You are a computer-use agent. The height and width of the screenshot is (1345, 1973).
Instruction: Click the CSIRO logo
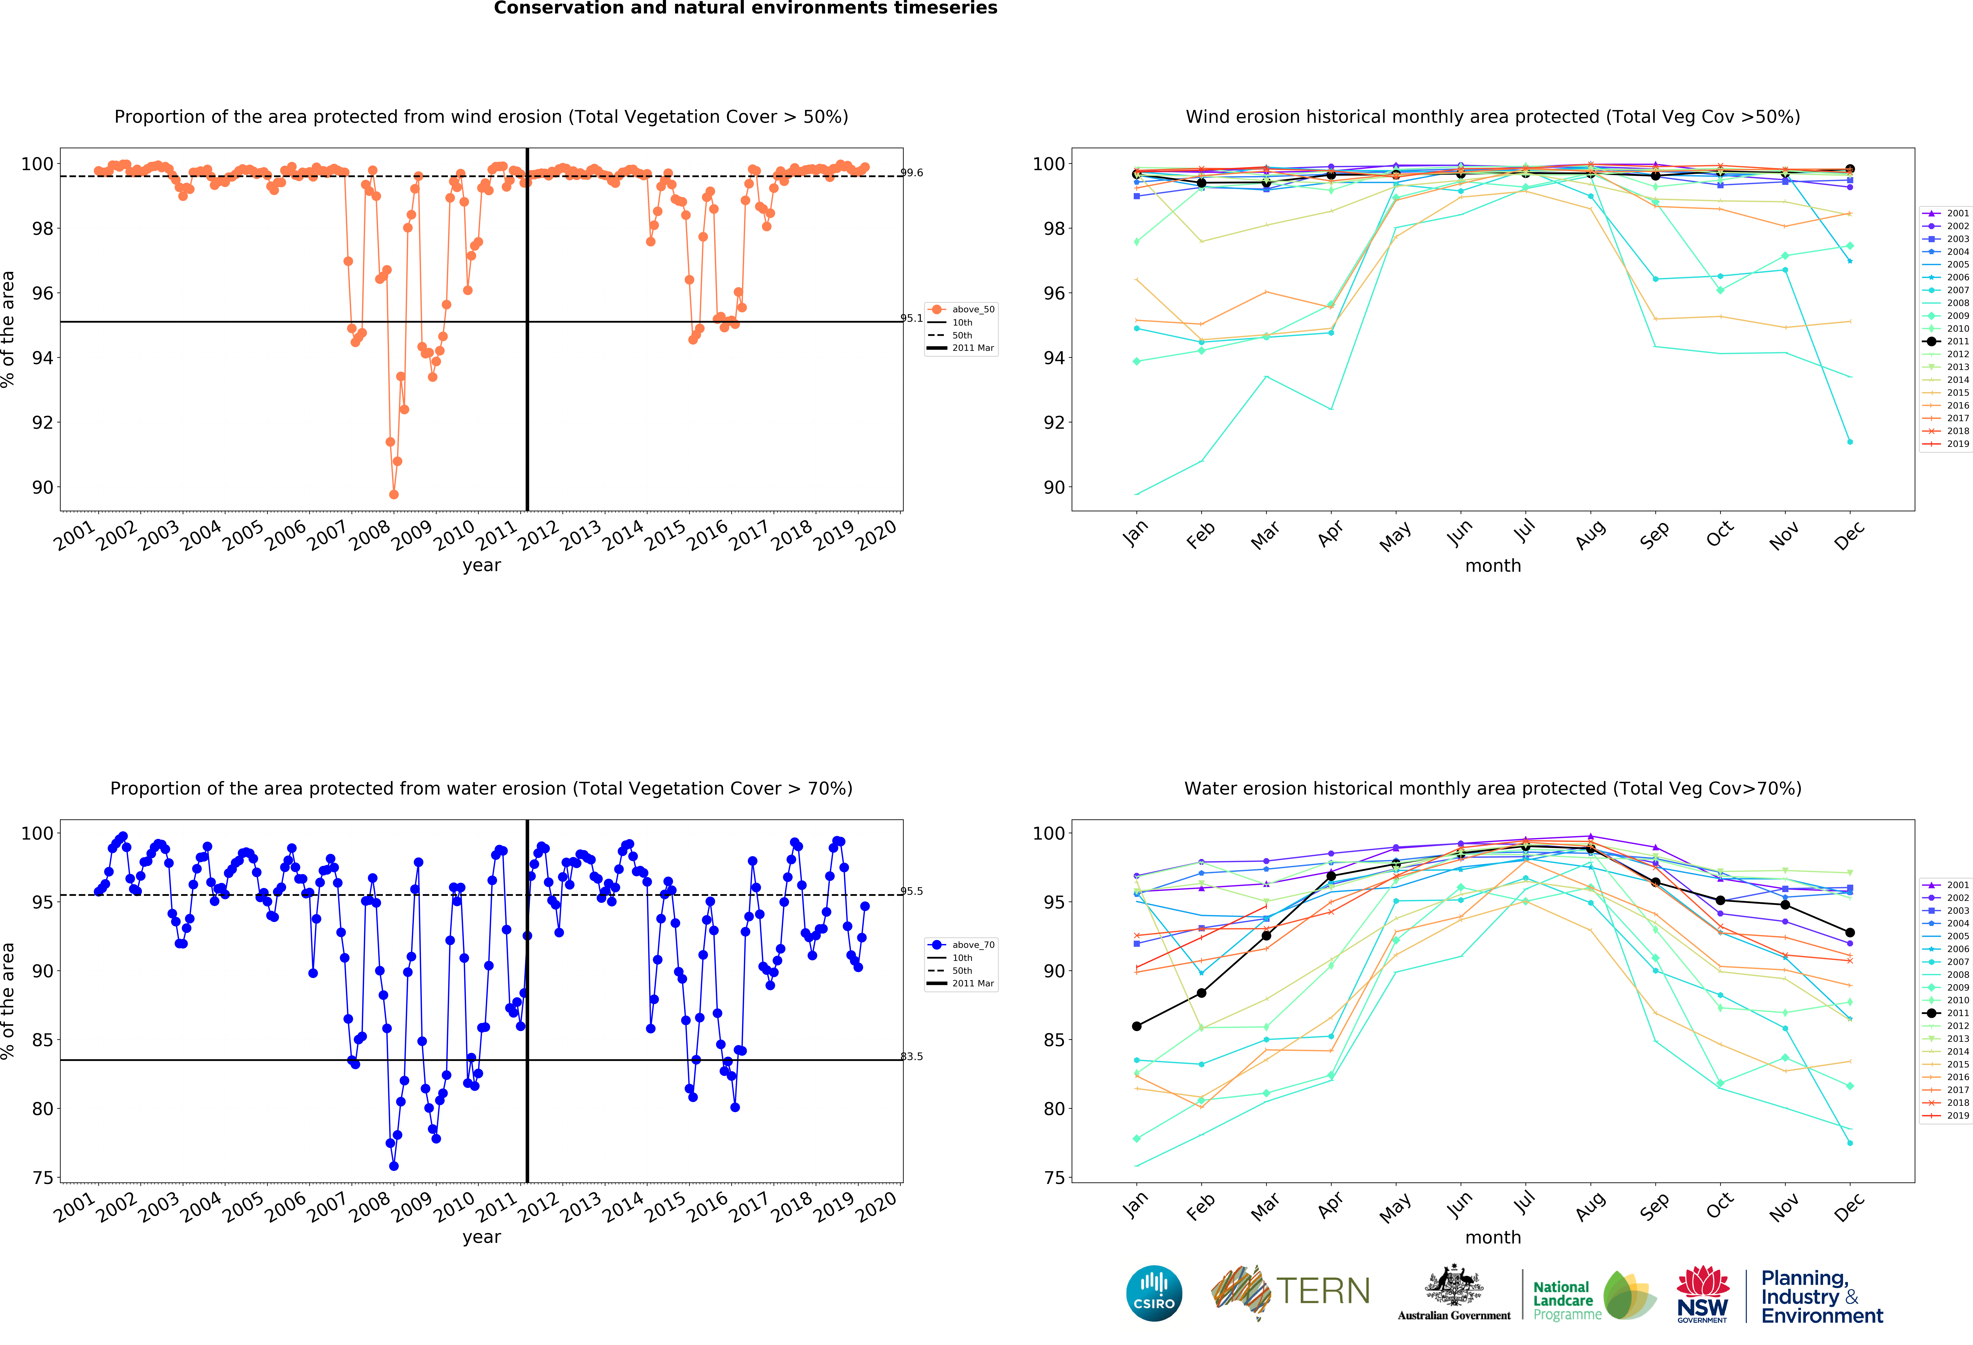coord(1154,1293)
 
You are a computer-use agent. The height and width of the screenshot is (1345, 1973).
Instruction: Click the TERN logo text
coord(1323,1292)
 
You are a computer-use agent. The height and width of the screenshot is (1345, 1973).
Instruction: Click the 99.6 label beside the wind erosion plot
coord(912,172)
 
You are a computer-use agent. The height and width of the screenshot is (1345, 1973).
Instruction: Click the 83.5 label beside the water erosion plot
coord(912,1056)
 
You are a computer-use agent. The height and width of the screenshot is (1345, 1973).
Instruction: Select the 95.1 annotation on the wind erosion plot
coord(912,318)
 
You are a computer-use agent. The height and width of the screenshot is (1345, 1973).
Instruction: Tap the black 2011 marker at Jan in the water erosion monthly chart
coord(1137,1026)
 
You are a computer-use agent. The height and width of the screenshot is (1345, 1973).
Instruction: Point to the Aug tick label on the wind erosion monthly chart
coord(1589,535)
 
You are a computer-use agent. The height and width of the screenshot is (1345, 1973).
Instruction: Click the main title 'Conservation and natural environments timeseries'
coord(745,8)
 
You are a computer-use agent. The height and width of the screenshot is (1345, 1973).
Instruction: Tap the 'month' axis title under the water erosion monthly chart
coord(1492,1237)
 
